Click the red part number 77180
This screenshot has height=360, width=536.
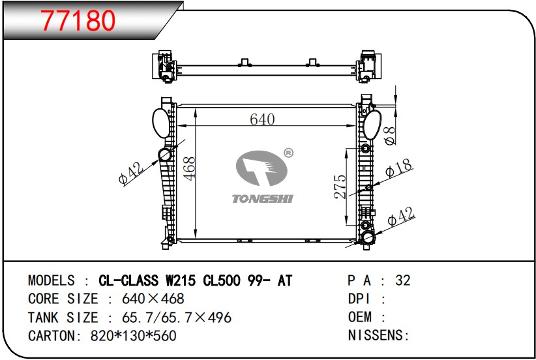pyautogui.click(x=78, y=20)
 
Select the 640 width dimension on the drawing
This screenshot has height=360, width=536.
pyautogui.click(x=262, y=119)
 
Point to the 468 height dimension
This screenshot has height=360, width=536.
pyautogui.click(x=189, y=168)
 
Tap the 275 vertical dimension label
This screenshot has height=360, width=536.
pyautogui.click(x=340, y=187)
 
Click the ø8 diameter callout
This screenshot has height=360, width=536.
pyautogui.click(x=390, y=136)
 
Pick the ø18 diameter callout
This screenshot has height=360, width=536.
pyautogui.click(x=399, y=168)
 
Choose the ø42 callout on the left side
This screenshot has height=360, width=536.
pyautogui.click(x=131, y=173)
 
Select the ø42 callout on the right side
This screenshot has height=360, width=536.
pyautogui.click(x=401, y=216)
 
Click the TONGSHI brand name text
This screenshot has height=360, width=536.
pyautogui.click(x=263, y=199)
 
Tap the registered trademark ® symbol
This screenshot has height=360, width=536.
pyautogui.click(x=288, y=153)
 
